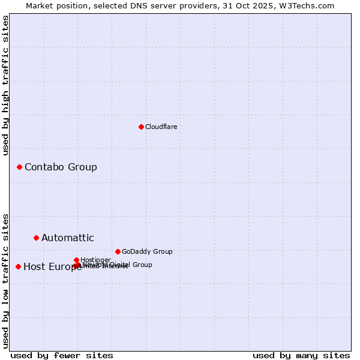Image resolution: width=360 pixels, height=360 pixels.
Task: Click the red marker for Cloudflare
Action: [141, 127]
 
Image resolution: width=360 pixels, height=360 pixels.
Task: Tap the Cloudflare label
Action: [161, 127]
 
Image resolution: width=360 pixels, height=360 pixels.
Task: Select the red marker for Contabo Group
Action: [19, 167]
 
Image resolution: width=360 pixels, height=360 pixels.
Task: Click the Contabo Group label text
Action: [61, 167]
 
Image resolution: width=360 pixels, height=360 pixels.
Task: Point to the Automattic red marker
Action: [36, 238]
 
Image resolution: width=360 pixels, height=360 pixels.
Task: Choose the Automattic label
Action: [68, 238]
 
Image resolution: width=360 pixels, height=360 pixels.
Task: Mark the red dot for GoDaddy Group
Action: [118, 251]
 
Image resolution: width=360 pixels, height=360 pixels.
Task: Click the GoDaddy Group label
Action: [147, 251]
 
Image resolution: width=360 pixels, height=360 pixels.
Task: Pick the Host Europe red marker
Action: [18, 266]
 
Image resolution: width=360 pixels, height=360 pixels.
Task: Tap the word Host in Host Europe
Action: [34, 267]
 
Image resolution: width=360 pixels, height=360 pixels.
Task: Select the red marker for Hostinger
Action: [76, 260]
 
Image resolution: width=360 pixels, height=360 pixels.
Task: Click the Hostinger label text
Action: [95, 260]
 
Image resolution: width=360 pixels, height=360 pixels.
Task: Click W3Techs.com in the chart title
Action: [308, 5]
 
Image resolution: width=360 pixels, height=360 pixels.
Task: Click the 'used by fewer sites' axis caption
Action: [62, 355]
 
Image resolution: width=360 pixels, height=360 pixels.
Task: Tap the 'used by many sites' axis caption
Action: [301, 355]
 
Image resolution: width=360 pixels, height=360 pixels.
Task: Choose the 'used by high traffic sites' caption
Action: [5, 85]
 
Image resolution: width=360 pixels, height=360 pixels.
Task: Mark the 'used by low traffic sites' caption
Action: [5, 281]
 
